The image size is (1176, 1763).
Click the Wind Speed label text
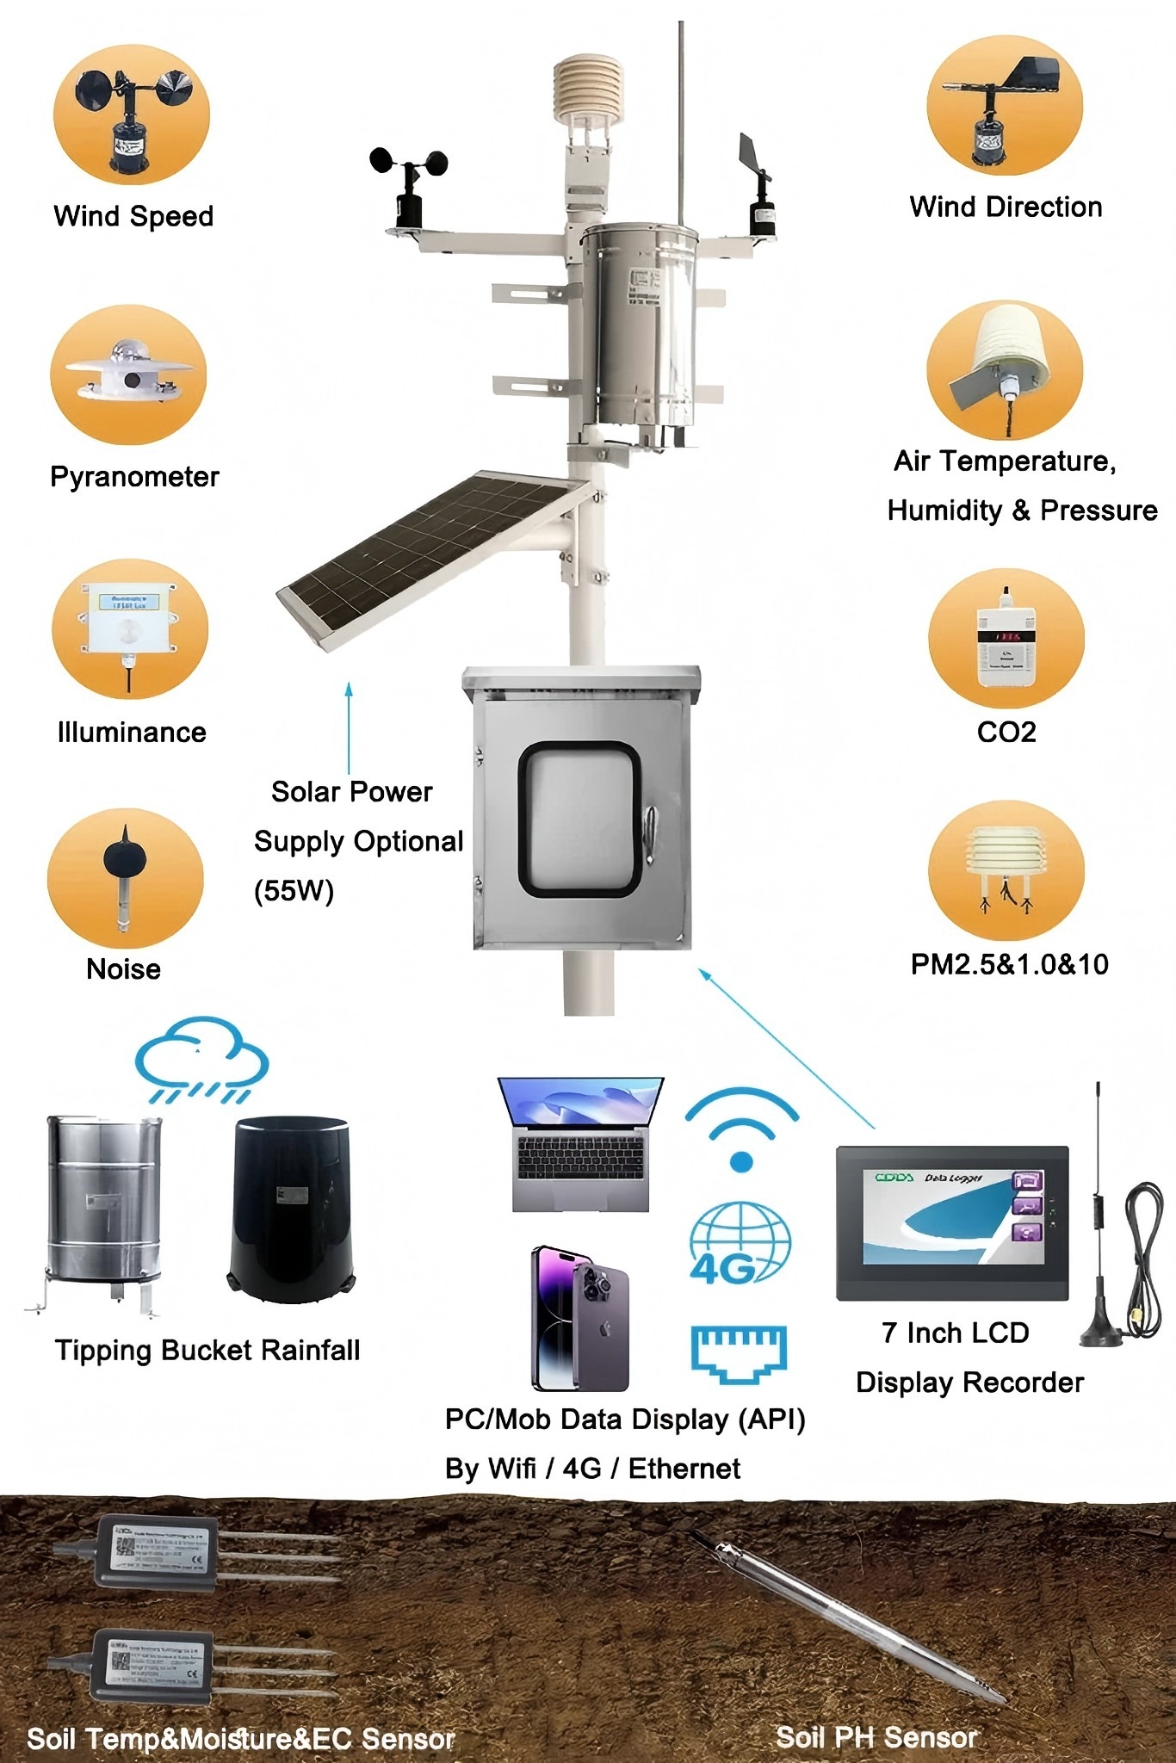pos(133,216)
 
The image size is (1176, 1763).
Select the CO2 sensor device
pos(1006,640)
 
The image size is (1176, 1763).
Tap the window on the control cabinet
pos(579,819)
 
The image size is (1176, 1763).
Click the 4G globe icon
pos(740,1243)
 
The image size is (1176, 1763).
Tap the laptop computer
pos(581,1144)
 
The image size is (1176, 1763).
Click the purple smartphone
pos(580,1318)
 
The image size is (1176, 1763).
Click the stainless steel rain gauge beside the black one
pos(103,1205)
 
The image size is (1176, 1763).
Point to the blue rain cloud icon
pos(202,1059)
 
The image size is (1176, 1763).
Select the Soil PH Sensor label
pos(877,1737)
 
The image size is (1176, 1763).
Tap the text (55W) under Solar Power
pos(294,890)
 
